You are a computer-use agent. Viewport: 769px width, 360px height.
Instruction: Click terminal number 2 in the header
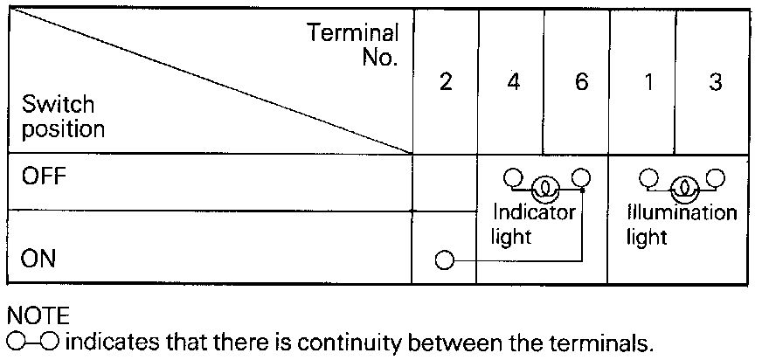coord(445,83)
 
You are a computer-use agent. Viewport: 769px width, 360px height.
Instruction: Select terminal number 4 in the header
coord(513,83)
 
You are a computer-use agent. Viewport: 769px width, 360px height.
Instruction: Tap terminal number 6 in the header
coord(581,83)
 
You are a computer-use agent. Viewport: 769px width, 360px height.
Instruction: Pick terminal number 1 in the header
coord(648,83)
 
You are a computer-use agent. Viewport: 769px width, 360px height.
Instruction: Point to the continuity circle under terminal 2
coord(445,260)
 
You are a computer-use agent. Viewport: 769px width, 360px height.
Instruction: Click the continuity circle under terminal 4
coord(512,178)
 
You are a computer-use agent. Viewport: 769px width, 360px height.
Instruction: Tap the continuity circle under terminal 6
coord(581,178)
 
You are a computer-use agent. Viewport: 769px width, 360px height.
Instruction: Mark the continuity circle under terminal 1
coord(648,178)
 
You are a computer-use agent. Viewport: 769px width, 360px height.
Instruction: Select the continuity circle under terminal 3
coord(717,178)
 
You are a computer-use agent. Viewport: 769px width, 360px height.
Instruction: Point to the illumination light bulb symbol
coord(682,187)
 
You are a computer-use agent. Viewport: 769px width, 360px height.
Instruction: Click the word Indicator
coord(534,212)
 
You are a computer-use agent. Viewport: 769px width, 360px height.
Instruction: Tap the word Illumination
coord(682,212)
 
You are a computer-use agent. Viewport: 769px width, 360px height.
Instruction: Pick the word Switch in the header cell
coord(58,106)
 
